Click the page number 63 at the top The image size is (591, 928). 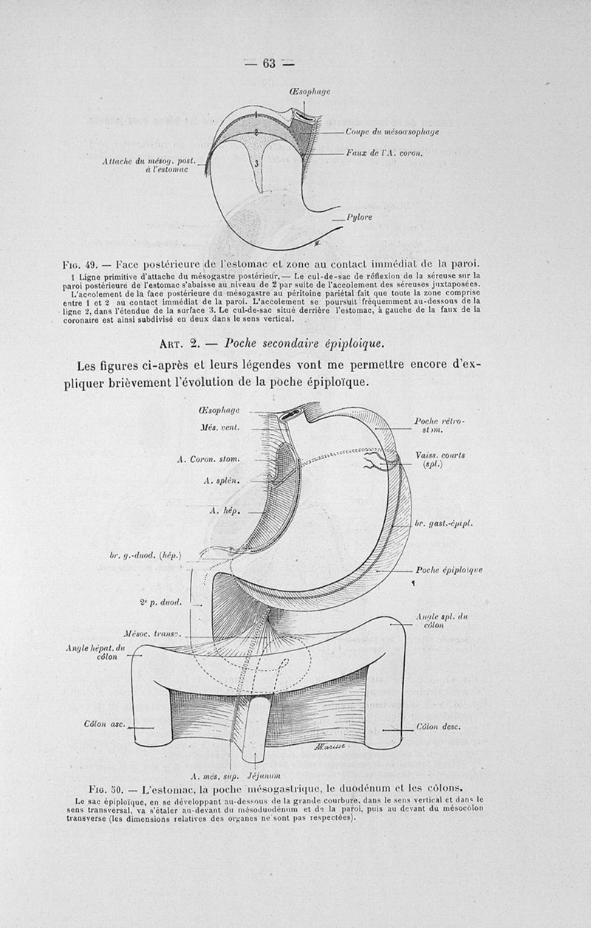(x=268, y=63)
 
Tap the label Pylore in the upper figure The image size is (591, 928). (x=359, y=218)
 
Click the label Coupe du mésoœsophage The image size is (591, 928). (x=392, y=132)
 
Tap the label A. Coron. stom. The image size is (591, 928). (x=209, y=459)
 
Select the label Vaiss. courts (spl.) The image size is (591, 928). (x=441, y=460)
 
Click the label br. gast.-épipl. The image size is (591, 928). (x=443, y=523)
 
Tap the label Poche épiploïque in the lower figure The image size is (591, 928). (x=449, y=570)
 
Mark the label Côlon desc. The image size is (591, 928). (x=438, y=726)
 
